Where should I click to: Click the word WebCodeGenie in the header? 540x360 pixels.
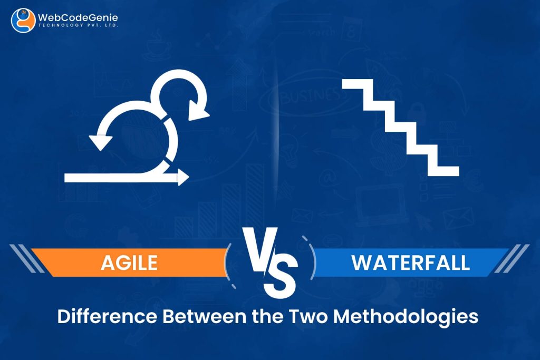78,17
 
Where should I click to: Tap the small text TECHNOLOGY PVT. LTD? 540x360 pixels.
78,26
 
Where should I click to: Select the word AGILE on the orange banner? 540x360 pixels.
130,262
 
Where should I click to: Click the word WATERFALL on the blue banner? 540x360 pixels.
411,262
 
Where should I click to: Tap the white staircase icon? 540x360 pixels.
401,127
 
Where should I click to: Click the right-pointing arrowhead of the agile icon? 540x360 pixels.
183,178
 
